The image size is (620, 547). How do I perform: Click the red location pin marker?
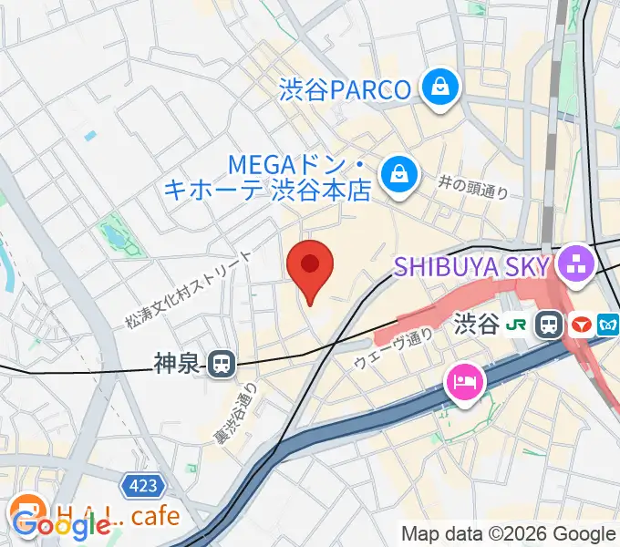coord(310,267)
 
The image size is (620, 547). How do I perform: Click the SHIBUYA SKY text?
coord(471,266)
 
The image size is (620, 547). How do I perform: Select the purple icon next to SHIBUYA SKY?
coord(576,265)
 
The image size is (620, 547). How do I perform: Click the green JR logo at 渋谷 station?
coord(518,324)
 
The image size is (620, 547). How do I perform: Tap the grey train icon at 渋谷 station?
coord(550,324)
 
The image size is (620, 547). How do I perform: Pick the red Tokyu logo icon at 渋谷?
coord(581,324)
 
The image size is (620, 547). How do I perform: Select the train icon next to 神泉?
coord(221,365)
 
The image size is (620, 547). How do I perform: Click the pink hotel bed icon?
coord(465,380)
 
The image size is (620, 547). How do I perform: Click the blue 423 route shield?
coord(142,486)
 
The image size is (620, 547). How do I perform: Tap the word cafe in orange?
coord(155,517)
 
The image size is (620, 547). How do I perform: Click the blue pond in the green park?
coord(114,238)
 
